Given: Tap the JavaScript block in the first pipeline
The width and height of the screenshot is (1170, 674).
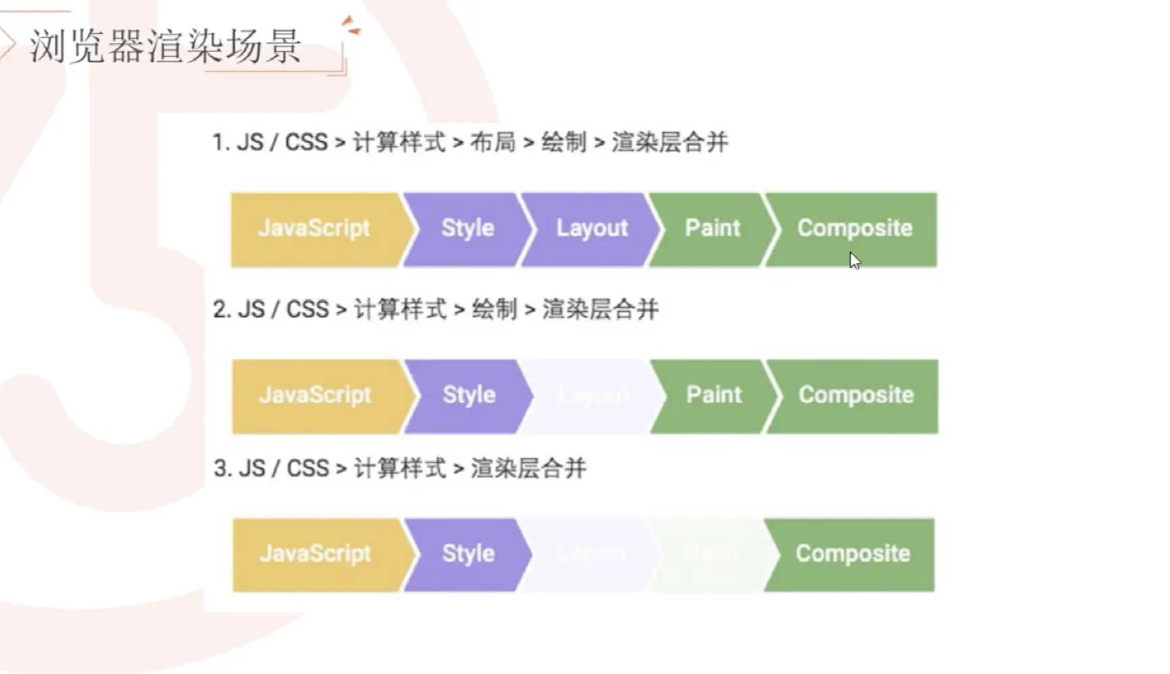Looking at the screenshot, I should pos(314,229).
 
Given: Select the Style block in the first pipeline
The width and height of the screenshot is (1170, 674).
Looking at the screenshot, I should pos(467,229).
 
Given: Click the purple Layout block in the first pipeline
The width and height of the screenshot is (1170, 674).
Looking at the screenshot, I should pos(592,229).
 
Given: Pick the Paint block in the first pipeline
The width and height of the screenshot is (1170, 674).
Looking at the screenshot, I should pos(713,229).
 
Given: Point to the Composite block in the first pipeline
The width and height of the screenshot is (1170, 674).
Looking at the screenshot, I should pos(855,229).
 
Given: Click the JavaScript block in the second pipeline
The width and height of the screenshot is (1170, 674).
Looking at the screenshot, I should pos(315,396).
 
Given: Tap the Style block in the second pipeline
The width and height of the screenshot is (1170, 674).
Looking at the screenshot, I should pos(469,396).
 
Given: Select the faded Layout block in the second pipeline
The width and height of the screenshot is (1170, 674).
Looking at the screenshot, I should pos(593,396).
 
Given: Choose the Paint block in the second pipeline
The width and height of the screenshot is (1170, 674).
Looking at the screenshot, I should pos(714,396).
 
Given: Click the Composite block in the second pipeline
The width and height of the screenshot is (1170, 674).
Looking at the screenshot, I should pos(856,396).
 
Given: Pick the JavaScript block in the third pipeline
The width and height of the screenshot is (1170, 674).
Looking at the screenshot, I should pos(315,554).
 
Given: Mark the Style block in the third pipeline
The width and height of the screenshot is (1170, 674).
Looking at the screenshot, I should pos(468,554).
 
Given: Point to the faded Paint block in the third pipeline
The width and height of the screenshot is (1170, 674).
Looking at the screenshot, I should pos(711,554).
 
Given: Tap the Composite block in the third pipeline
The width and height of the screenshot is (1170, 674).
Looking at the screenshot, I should pos(853,554).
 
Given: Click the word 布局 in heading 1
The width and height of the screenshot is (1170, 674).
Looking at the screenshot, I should pos(492,142).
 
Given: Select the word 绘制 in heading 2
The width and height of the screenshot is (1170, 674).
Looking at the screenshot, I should pos(494,309).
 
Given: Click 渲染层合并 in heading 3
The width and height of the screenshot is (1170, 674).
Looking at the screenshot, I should pos(528,468).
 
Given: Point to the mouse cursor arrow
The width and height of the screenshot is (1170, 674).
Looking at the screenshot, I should pos(855,261).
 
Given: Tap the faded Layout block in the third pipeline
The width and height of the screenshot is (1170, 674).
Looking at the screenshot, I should pos(592,554).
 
